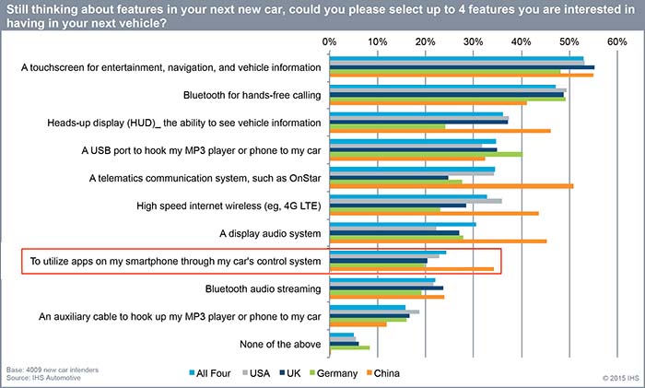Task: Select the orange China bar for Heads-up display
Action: tap(440, 131)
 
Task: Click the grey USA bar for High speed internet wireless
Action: tap(416, 200)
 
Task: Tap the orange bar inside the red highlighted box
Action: tap(411, 269)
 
